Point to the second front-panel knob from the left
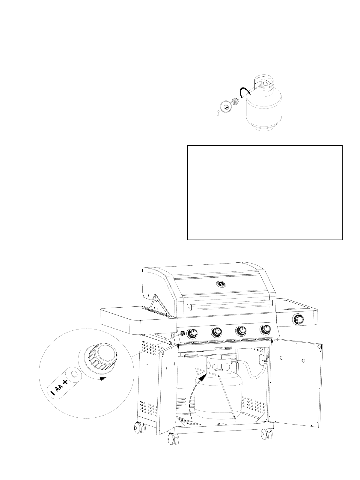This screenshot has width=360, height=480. (x=216, y=332)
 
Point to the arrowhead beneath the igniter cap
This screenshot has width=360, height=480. (x=103, y=379)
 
